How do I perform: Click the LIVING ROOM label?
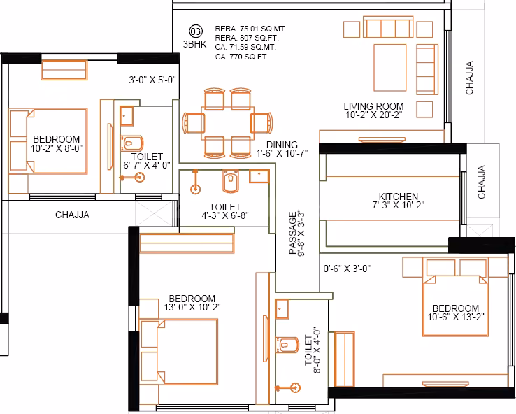pos(373,106)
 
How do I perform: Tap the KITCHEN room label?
pos(398,197)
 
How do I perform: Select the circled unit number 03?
pos(196,30)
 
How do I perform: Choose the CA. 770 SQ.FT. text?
pos(241,56)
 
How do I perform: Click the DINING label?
pos(281,144)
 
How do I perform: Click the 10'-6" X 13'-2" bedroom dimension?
pos(455,317)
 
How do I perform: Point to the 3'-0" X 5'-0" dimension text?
pos(151,80)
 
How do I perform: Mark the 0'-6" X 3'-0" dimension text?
pos(347,268)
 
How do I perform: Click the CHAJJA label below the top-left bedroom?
pos(72,215)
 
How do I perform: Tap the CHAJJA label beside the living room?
pos(470,78)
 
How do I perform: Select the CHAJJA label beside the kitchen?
pos(482,183)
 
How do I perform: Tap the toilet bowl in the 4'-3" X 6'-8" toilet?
pos(229,182)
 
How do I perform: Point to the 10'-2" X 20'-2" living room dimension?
pos(373,116)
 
